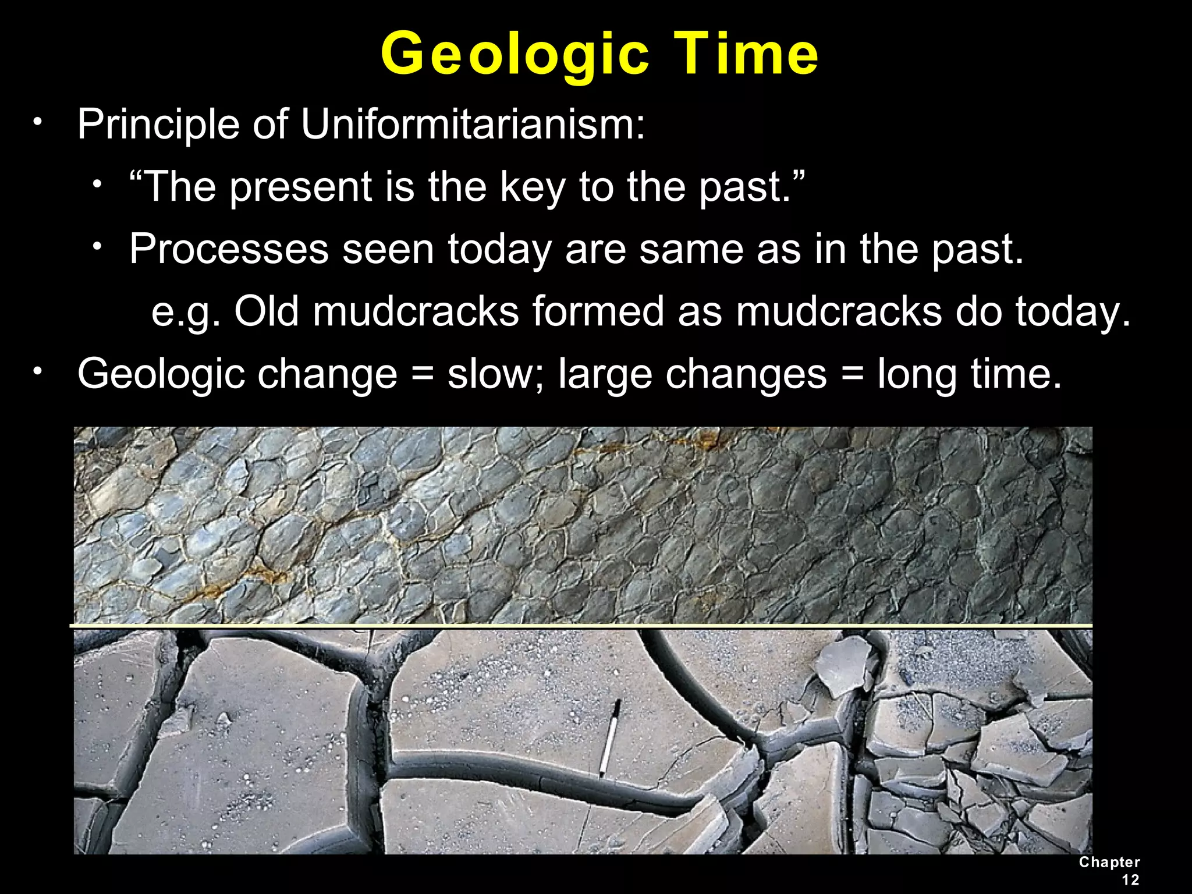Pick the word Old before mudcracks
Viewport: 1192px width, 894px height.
pos(267,311)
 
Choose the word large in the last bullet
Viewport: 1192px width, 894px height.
pos(605,374)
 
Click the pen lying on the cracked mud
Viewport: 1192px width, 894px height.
pos(609,739)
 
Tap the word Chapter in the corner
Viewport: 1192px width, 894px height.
pos(1109,863)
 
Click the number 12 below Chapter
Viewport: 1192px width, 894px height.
pos(1130,879)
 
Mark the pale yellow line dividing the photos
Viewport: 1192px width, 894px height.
pos(582,626)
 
